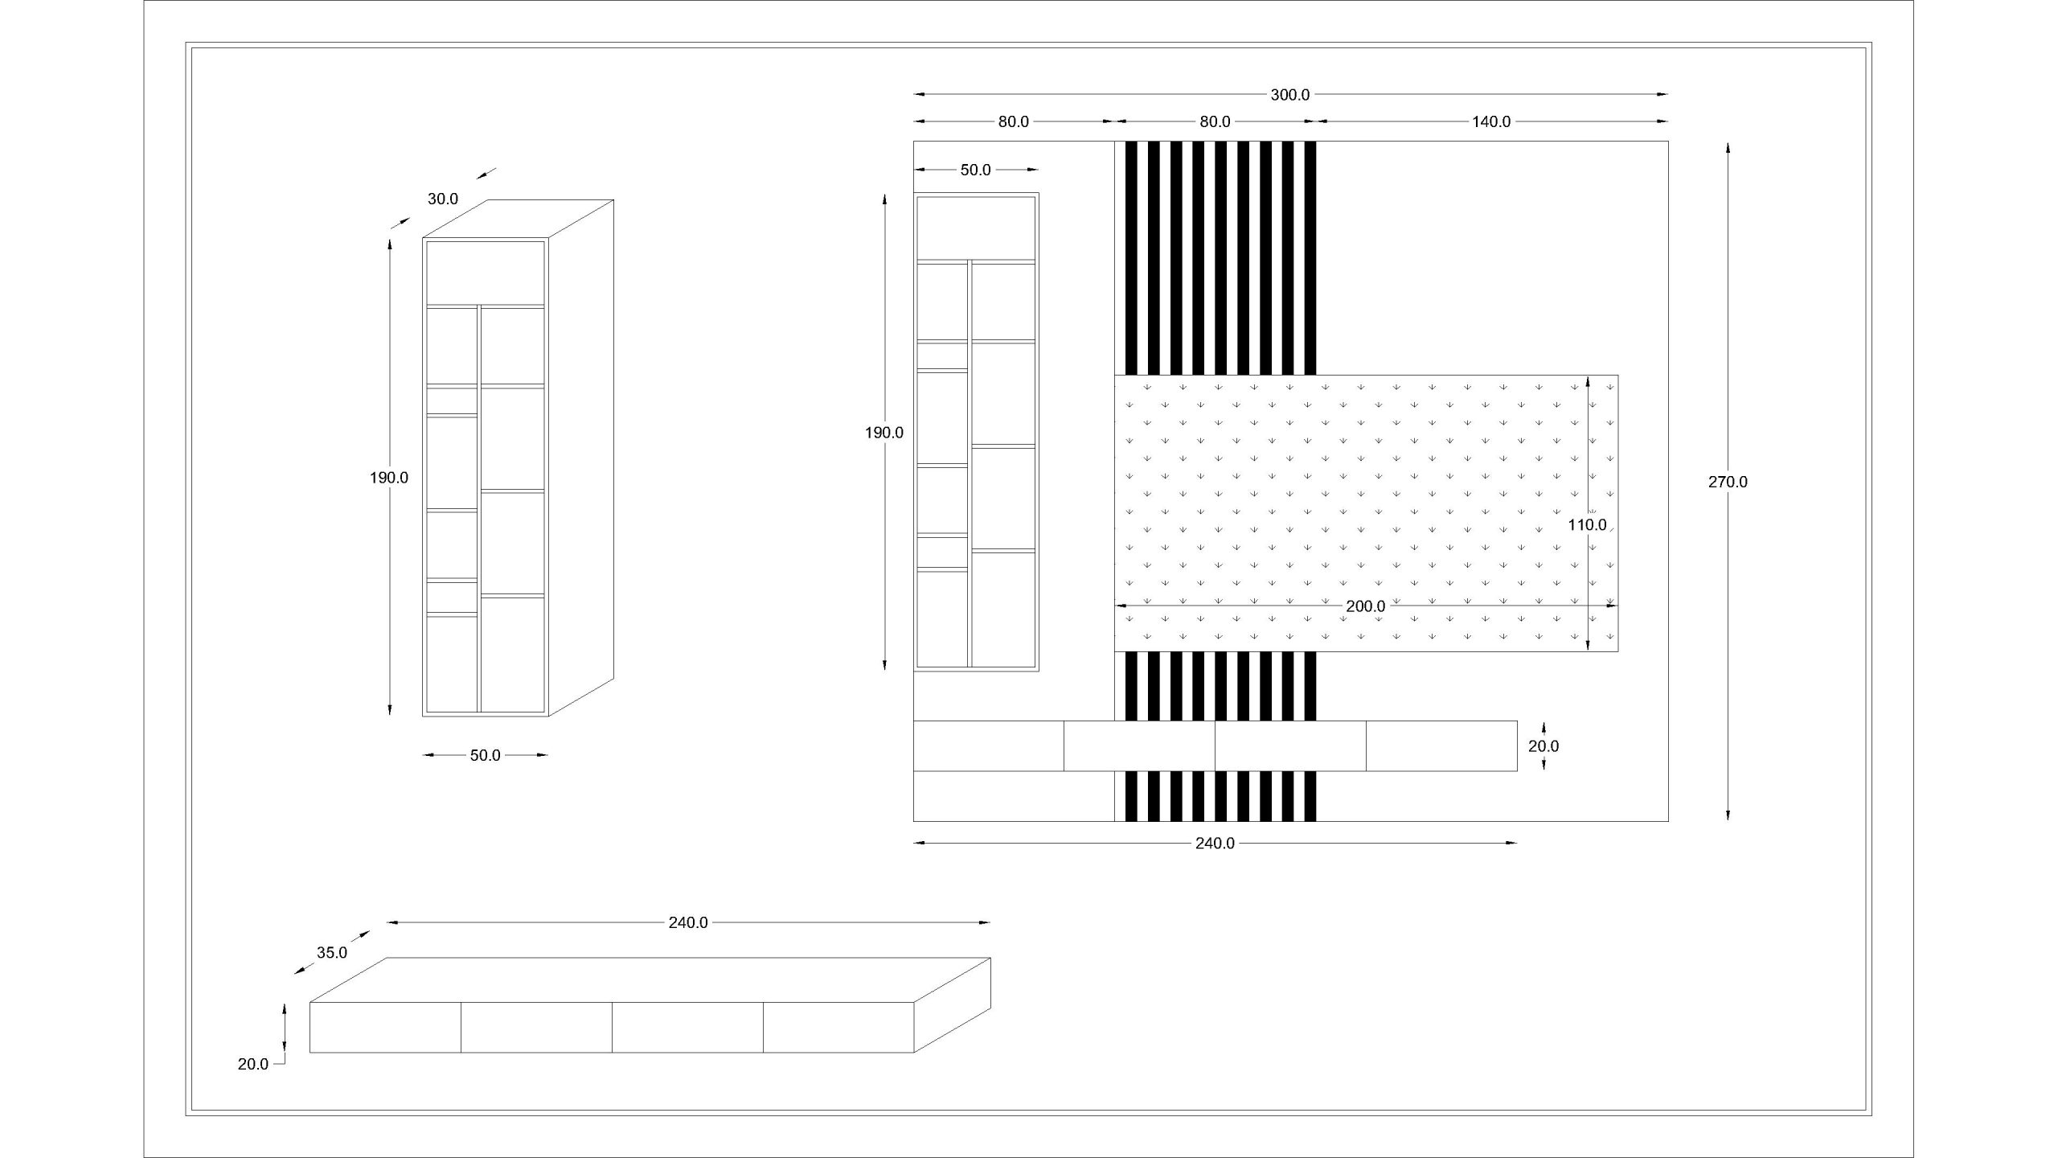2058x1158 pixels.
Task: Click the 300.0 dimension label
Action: click(1289, 95)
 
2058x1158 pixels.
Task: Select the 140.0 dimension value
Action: click(1491, 121)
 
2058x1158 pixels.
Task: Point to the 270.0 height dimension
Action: click(1728, 482)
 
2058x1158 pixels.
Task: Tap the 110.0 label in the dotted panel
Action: click(1587, 525)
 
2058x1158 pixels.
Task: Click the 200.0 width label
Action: click(1365, 606)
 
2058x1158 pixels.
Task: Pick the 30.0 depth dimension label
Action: click(442, 199)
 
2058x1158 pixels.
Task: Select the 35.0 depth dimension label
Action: click(331, 953)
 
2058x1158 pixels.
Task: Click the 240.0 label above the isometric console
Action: click(688, 922)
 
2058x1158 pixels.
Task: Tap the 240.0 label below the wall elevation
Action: click(1215, 843)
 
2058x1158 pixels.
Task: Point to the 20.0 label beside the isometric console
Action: click(252, 1064)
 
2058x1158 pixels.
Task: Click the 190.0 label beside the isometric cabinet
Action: click(389, 478)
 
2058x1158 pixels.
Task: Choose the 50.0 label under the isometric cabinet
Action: click(485, 755)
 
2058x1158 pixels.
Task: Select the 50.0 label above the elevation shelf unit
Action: click(975, 170)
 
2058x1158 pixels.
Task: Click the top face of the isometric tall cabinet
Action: click(519, 219)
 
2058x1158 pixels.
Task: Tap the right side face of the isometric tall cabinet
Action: click(581, 458)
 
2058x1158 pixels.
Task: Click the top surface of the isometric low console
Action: click(650, 979)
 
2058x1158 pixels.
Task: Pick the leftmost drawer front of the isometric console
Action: click(386, 1027)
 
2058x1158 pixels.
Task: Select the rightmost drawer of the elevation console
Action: click(1441, 745)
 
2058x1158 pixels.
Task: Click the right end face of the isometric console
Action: click(953, 1004)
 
